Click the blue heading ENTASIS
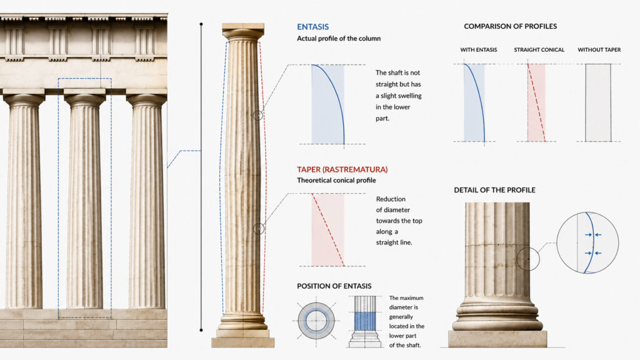click(x=312, y=27)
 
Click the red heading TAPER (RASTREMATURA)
click(x=342, y=169)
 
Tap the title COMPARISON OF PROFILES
click(x=510, y=26)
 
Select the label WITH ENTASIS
click(x=478, y=50)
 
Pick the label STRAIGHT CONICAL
click(x=539, y=50)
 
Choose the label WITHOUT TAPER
click(x=599, y=50)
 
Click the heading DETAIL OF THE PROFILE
click(x=494, y=190)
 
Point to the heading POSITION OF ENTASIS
click(x=334, y=286)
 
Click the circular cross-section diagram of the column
click(x=316, y=321)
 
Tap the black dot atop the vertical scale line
click(x=201, y=24)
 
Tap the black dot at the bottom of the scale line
click(x=201, y=330)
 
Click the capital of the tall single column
click(x=243, y=32)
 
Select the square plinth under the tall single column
click(x=243, y=342)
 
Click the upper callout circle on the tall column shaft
click(x=257, y=115)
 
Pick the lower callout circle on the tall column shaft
click(x=258, y=229)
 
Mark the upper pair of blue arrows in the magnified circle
click(x=592, y=235)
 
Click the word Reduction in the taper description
click(x=391, y=199)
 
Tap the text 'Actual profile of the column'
click(x=338, y=38)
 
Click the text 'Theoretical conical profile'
click(x=336, y=181)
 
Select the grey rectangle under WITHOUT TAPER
click(x=598, y=103)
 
